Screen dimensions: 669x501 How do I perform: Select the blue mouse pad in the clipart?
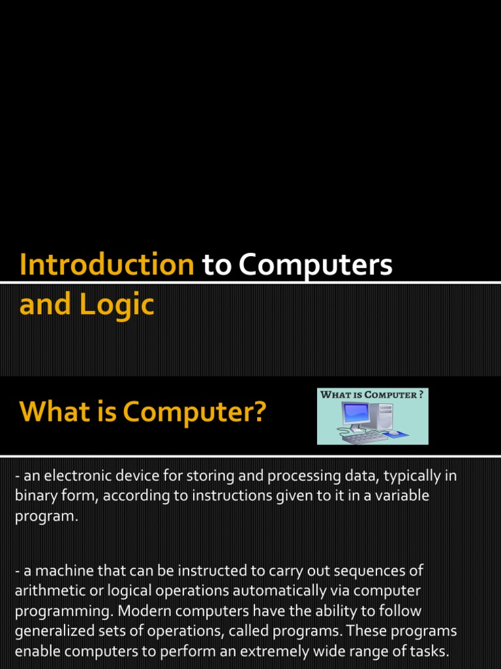(x=394, y=433)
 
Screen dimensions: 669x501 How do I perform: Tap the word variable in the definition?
(x=404, y=496)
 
